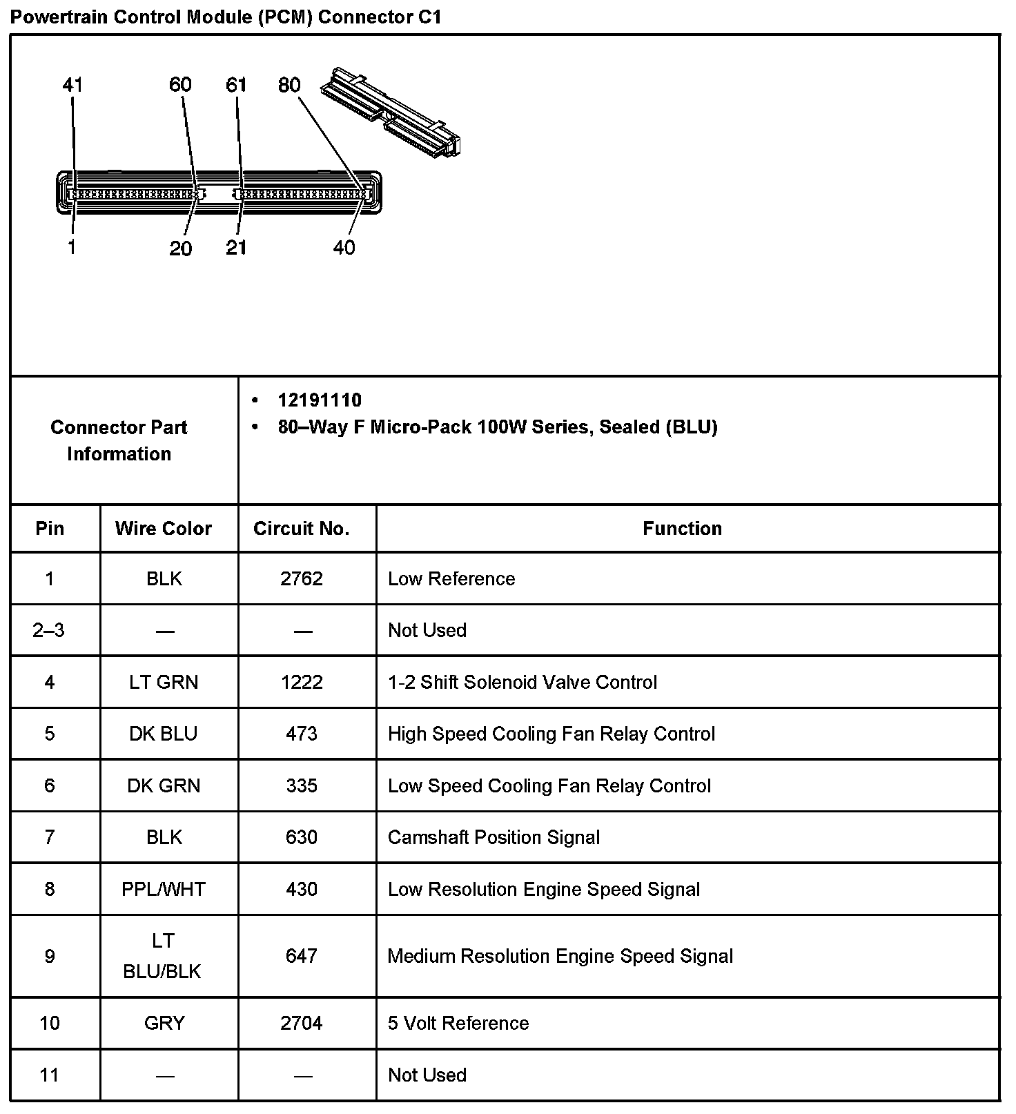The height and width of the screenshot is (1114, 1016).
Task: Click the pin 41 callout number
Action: click(x=72, y=85)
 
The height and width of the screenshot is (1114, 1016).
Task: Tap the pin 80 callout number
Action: click(x=289, y=85)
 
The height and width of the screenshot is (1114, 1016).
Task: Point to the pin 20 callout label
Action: click(x=180, y=248)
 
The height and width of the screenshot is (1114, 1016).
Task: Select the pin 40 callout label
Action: click(x=344, y=248)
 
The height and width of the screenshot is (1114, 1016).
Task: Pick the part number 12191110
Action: click(x=320, y=400)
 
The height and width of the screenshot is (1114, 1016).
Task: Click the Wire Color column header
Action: click(x=164, y=529)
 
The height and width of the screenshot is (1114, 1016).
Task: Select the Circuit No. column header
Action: click(x=302, y=529)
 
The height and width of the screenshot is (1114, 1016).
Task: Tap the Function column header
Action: click(x=682, y=529)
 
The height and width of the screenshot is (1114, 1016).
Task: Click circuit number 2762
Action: click(x=302, y=578)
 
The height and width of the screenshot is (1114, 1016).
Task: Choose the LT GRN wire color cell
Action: click(x=164, y=682)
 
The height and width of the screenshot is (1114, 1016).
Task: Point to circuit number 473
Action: click(x=302, y=734)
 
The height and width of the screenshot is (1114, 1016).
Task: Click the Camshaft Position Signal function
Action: click(x=494, y=837)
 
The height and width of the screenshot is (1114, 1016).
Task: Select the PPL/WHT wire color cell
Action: click(x=164, y=889)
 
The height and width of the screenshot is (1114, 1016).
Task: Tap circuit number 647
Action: click(x=302, y=956)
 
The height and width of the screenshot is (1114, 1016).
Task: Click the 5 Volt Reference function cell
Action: click(x=458, y=1023)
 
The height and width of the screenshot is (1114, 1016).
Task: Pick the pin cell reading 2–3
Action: click(x=49, y=630)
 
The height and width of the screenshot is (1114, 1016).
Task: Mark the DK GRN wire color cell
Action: click(x=164, y=785)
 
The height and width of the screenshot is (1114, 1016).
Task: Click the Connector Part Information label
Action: click(x=119, y=440)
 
